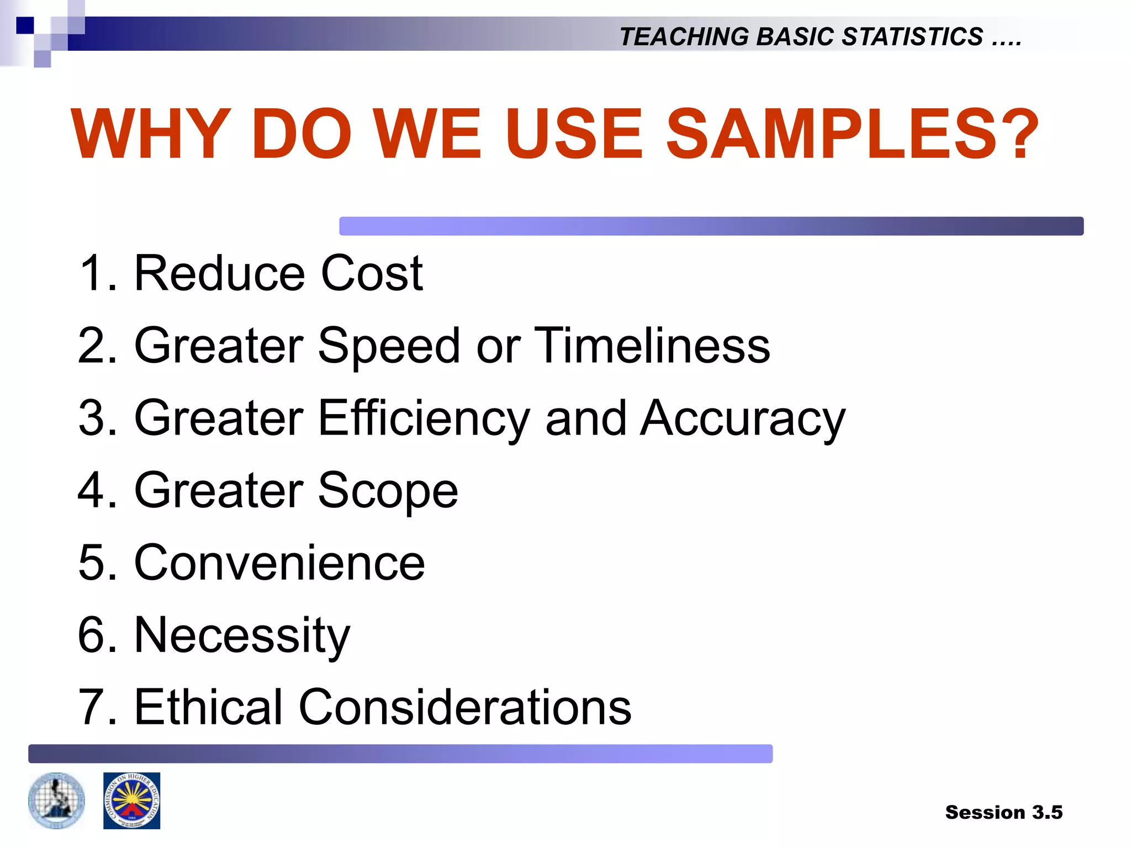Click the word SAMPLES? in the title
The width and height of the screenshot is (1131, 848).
(853, 134)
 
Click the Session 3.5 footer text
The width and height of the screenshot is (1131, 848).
(1003, 812)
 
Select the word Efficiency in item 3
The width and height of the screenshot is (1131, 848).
(424, 418)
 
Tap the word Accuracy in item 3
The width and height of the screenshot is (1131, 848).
(743, 418)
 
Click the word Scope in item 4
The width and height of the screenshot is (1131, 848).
(388, 490)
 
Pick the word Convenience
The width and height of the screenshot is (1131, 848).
(279, 563)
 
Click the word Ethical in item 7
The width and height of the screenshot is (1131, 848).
(209, 707)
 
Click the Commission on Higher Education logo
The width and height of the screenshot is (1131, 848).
(131, 801)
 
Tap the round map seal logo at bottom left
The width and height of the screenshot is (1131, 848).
(57, 801)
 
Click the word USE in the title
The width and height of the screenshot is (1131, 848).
(574, 134)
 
